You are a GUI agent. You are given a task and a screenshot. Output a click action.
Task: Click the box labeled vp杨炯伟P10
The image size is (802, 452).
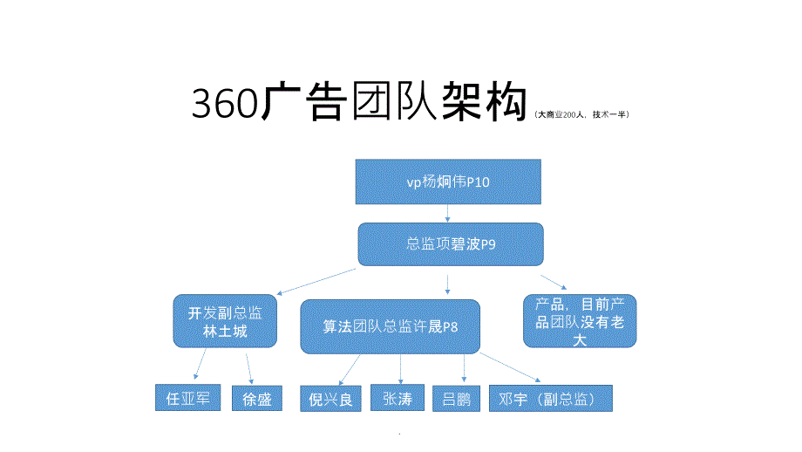click(x=448, y=181)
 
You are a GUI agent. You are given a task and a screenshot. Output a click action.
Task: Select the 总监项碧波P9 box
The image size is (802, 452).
click(x=450, y=244)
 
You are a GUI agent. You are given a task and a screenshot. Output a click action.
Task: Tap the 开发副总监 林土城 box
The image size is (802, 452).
click(x=224, y=321)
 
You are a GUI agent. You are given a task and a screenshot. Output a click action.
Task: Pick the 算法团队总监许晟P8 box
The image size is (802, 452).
click(x=391, y=327)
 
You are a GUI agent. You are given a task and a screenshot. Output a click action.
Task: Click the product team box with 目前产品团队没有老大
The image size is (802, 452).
click(x=580, y=321)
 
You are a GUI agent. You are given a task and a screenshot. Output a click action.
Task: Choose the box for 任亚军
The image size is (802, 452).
click(x=187, y=398)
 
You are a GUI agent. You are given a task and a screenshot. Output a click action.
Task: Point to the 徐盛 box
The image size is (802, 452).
click(x=257, y=399)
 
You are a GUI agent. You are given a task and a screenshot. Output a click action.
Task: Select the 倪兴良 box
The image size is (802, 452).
click(x=330, y=399)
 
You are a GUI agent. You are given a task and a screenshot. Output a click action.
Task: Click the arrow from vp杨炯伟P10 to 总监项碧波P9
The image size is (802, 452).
click(x=448, y=213)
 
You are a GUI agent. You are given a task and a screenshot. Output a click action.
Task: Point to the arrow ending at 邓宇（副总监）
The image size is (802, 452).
click(x=510, y=367)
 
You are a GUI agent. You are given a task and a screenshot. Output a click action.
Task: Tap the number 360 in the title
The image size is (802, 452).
click(x=225, y=105)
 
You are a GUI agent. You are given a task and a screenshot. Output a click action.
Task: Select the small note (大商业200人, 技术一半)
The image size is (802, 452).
click(x=581, y=114)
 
